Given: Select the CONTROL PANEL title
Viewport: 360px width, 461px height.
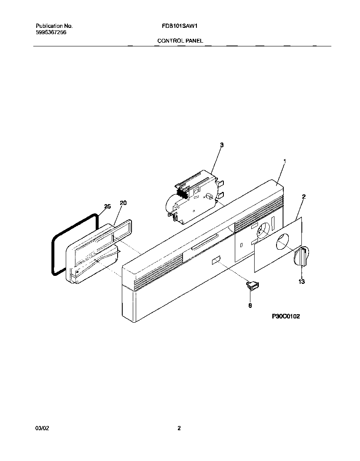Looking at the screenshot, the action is pos(180,41).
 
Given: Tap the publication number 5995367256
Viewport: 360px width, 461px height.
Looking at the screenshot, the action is pos(51,32).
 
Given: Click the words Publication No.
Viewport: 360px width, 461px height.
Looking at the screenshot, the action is pos(54,26).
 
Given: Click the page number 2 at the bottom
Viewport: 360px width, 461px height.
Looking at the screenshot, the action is pos(179,428).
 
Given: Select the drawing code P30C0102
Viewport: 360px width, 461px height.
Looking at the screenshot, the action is pos(285,316).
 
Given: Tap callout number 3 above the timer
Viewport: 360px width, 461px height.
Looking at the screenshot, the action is pos(222,145).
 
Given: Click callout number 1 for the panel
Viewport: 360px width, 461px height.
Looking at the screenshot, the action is pos(285,161).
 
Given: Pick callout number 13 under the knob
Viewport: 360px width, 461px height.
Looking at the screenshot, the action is pos(301,281).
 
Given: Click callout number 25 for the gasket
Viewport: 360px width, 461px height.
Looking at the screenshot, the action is pos(107,206).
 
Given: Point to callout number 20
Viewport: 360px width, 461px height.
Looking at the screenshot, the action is pos(123,203).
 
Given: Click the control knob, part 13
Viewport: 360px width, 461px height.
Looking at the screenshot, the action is pos(303,256).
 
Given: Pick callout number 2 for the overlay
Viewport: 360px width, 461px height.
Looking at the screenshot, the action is pos(304,196).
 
